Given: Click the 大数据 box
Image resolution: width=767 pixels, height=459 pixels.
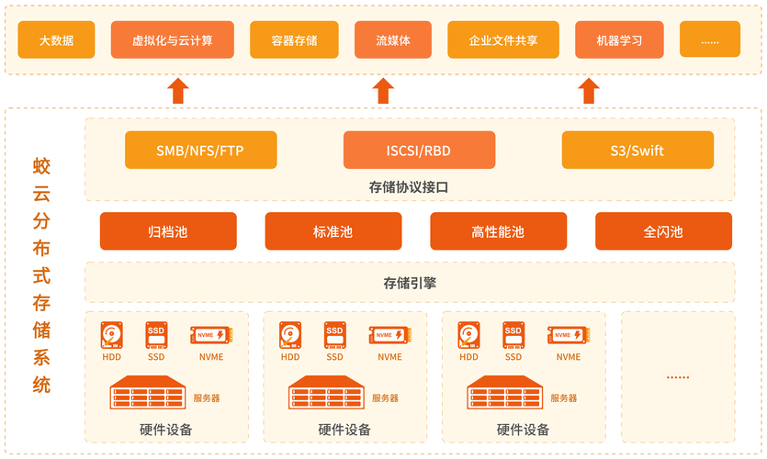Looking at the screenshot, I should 56,40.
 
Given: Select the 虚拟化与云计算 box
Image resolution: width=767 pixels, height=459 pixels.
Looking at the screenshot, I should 173,40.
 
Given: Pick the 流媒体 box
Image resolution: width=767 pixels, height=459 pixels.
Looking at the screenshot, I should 393,40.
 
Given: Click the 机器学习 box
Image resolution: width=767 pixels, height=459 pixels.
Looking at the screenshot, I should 619,40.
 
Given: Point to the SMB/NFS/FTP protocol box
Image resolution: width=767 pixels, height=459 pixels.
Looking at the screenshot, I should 200,151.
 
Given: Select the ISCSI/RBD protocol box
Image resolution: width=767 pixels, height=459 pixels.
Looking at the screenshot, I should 419,151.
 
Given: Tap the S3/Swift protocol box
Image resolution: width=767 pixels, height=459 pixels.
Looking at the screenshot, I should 637,151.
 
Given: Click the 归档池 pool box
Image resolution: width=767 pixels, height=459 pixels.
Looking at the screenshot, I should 168,231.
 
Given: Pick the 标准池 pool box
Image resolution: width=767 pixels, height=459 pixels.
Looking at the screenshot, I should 333,231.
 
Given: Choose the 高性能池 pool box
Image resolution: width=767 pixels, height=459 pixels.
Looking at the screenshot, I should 498,231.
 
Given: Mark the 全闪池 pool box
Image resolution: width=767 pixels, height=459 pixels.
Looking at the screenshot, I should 663,231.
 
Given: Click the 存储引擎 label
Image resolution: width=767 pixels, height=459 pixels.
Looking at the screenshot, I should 410,283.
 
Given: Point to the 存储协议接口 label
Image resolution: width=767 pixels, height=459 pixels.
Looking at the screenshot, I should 410,187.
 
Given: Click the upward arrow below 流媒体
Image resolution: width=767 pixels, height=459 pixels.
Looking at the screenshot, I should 384,90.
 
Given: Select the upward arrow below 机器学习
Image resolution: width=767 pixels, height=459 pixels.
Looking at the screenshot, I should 589,90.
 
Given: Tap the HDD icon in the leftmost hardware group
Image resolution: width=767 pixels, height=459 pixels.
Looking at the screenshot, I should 112,334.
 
